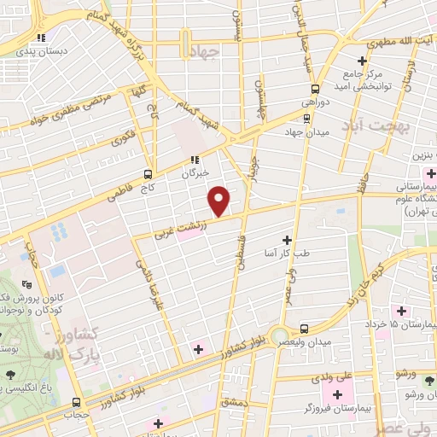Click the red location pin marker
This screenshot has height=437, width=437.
219,201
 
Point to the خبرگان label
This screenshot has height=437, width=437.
195,173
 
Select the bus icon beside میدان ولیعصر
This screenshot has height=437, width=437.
306,328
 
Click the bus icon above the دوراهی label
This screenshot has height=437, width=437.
315,87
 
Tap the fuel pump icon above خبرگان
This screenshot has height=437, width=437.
195,158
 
